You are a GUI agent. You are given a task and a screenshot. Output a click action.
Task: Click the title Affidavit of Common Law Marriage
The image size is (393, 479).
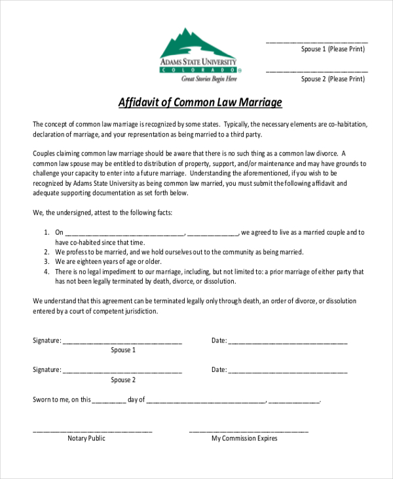(200, 102)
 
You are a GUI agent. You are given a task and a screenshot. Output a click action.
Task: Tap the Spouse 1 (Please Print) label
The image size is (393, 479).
(333, 49)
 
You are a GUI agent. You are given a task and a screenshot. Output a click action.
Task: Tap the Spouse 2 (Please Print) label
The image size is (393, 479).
(333, 79)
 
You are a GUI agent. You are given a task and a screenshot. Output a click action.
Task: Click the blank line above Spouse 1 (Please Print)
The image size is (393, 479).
(317, 42)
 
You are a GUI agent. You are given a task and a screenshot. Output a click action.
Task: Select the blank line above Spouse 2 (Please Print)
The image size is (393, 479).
(317, 71)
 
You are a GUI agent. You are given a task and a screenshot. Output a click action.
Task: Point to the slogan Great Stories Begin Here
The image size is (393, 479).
(209, 79)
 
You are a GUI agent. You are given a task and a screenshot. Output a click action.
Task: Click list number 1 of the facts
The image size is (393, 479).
(47, 232)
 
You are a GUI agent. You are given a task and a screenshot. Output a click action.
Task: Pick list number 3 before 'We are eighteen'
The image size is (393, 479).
(47, 261)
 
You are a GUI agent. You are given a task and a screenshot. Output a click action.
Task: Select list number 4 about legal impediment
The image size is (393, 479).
(47, 271)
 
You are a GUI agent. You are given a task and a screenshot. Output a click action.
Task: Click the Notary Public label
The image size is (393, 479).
(86, 438)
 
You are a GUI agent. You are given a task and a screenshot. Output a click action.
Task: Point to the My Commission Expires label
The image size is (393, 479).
(244, 438)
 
